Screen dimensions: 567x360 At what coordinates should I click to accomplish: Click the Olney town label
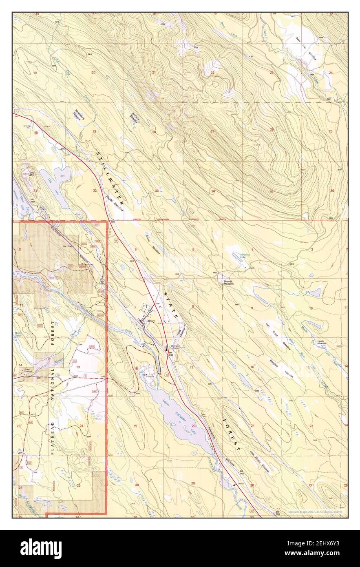[x=150, y=321]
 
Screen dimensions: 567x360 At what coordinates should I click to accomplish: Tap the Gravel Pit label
[x=27, y=126]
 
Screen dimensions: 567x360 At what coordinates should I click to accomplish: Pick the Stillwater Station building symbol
[x=166, y=349]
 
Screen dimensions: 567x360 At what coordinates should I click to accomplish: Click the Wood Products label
[x=28, y=371]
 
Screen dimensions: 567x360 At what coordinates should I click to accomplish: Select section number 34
[x=213, y=191]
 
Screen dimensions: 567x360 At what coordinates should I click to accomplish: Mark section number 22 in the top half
[x=212, y=73]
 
